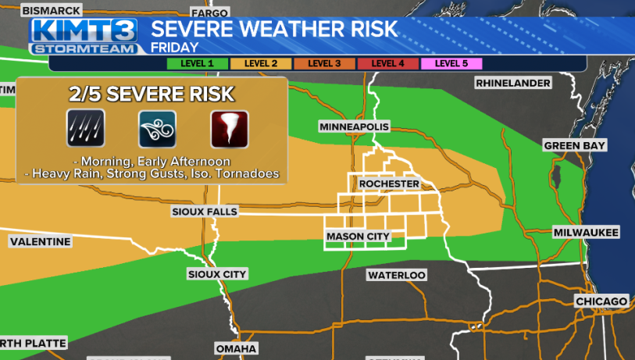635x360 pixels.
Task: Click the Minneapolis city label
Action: (x=354, y=127)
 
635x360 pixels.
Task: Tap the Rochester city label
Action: (x=389, y=184)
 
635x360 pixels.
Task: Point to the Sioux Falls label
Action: (x=205, y=212)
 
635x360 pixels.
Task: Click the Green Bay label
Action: (x=576, y=145)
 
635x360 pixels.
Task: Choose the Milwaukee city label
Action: (x=586, y=233)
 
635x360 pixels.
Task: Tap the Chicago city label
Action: (x=601, y=301)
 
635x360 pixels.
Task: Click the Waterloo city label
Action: (x=397, y=275)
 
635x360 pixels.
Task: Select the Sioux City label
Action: (x=217, y=274)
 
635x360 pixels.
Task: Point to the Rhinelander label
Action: (x=514, y=83)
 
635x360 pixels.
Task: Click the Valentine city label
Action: (x=41, y=242)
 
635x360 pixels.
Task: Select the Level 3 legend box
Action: (x=324, y=63)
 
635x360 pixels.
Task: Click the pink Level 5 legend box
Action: (x=451, y=63)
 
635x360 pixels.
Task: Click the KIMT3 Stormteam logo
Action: (x=84, y=36)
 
